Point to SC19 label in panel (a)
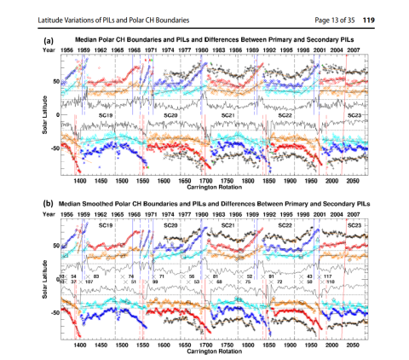pos(107,113)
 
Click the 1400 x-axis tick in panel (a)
pos(80,181)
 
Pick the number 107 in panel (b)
pos(89,282)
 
